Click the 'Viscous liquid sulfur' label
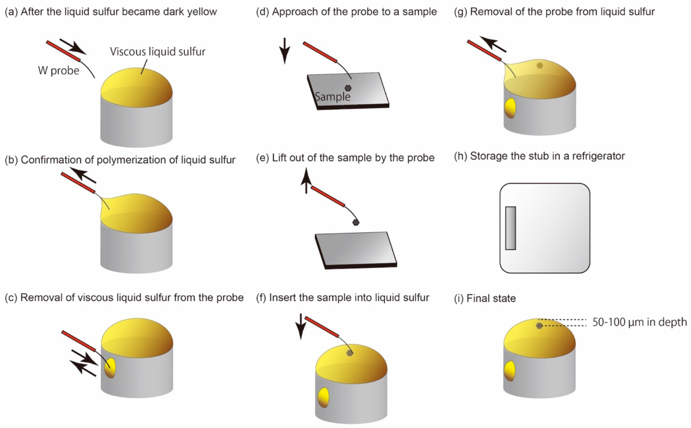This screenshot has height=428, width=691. coord(158,52)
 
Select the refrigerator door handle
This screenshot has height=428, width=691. coord(510,228)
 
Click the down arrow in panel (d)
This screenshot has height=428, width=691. coord(285,51)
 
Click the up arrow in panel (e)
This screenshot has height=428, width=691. coord(306,180)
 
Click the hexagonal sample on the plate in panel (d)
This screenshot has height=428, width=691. coord(348,88)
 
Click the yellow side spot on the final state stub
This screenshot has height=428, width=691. coord(510,371)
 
